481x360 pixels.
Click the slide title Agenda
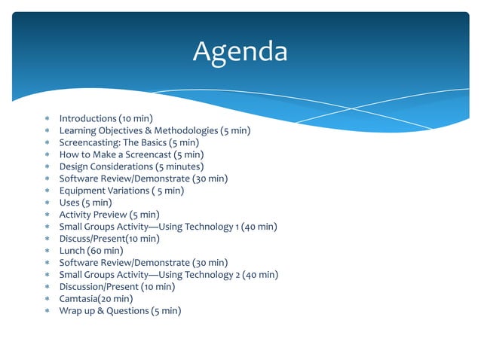coord(240,51)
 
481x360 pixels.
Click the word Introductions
coord(87,118)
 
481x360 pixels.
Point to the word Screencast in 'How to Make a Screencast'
coord(147,154)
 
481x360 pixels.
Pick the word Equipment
coord(82,191)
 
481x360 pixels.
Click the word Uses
coord(70,203)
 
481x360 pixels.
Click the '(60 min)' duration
coord(108,251)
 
